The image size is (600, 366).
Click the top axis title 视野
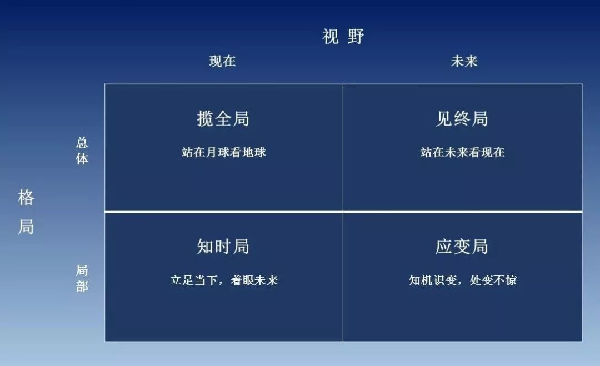(x=343, y=37)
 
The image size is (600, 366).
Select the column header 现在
(x=222, y=61)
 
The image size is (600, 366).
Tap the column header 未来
(x=464, y=61)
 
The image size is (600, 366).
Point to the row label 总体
(x=82, y=151)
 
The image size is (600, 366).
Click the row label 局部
(x=82, y=278)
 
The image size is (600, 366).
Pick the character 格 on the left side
(x=26, y=198)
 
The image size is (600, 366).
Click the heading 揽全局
(x=223, y=118)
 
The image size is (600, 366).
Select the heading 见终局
(x=462, y=118)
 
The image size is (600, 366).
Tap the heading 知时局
(x=223, y=246)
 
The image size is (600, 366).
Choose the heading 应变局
(x=462, y=246)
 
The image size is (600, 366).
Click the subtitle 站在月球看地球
(x=224, y=152)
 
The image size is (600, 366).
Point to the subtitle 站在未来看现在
(x=463, y=152)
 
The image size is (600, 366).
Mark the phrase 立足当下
(x=194, y=280)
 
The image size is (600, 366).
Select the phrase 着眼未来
(x=254, y=280)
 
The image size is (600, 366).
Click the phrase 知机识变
(x=433, y=280)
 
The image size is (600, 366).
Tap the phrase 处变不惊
(x=493, y=280)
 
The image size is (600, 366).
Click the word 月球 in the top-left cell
(x=218, y=152)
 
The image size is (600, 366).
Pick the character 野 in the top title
(x=356, y=37)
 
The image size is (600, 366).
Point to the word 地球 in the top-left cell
(x=254, y=152)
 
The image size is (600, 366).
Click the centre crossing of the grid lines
(x=343, y=212)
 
